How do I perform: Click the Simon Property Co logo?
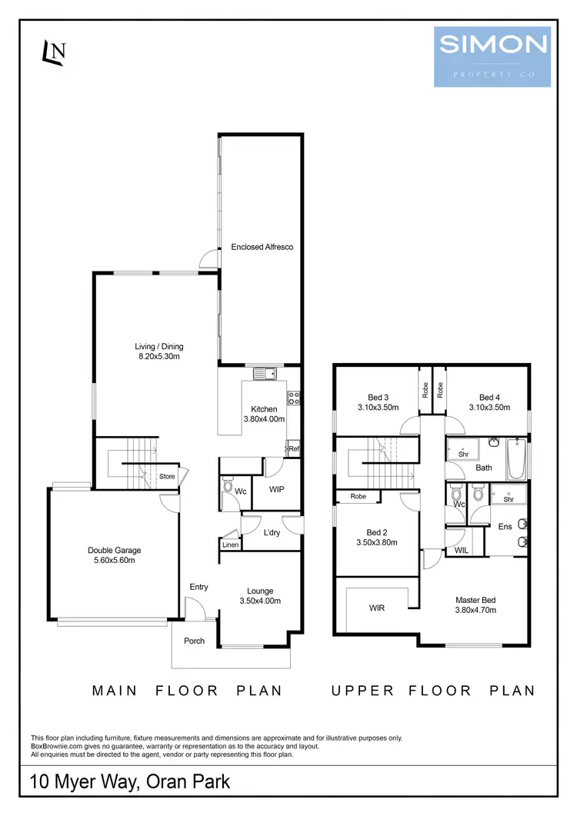pos(492,55)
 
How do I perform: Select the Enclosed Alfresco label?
pos(262,247)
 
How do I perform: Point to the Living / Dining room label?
pos(159,351)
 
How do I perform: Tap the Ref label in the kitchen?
pos(293,448)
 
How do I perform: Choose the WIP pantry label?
pos(278,488)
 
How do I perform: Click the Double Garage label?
pos(115,555)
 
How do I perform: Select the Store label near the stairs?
pos(167,477)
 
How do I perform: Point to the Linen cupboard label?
pos(230,545)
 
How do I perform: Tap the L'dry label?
pos(271,533)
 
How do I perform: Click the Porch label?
pos(195,641)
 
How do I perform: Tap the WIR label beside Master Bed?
pos(377,608)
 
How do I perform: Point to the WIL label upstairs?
pos(462,550)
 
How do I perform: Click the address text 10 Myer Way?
pos(129,783)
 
